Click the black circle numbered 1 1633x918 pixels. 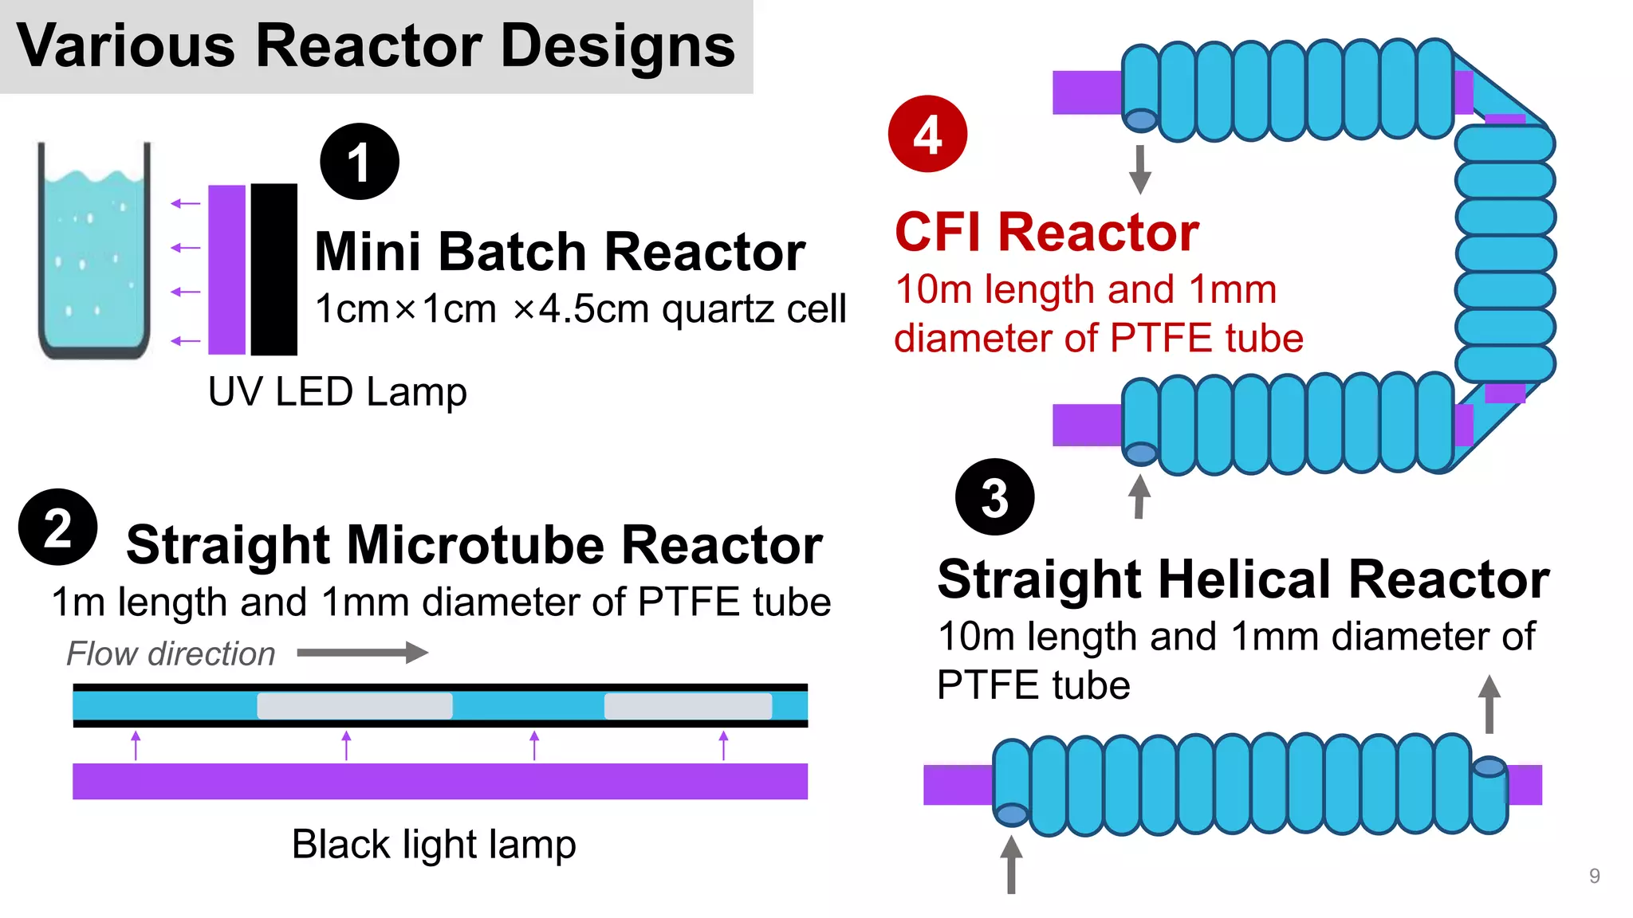(x=360, y=162)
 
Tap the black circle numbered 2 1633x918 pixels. (x=58, y=528)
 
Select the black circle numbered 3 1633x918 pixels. (x=994, y=497)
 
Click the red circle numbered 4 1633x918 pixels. (x=927, y=134)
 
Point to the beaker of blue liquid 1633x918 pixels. (x=94, y=255)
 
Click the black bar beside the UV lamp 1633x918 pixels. (x=273, y=269)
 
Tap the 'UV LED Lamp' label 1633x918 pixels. (x=337, y=392)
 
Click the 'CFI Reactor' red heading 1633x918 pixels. (x=1046, y=232)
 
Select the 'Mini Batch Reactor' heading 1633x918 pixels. (x=560, y=252)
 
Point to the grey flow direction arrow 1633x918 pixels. (x=363, y=653)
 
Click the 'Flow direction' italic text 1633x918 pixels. (x=171, y=653)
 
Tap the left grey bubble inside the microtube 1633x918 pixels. (x=355, y=706)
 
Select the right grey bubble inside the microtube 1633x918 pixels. (x=688, y=706)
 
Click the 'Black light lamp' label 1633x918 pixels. (x=434, y=844)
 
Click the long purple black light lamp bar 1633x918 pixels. (x=440, y=781)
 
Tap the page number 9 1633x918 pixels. (x=1594, y=876)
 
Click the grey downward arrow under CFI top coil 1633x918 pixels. (x=1140, y=170)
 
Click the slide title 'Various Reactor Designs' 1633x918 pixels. (x=376, y=46)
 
